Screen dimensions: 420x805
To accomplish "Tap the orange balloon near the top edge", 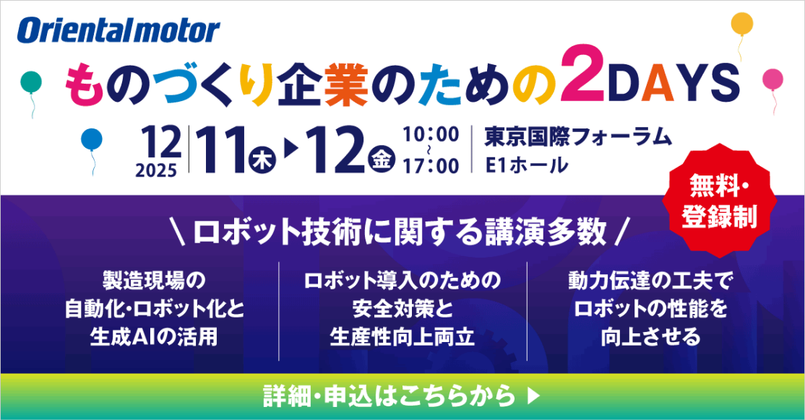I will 741,25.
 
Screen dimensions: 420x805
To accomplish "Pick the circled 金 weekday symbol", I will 379,159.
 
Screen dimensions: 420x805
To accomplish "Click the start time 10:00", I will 431,135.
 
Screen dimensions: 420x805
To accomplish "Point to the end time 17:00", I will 431,166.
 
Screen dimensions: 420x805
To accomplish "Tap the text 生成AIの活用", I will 155,337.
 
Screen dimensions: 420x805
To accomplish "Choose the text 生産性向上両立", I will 402,337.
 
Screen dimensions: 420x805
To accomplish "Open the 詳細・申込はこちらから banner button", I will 402,395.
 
